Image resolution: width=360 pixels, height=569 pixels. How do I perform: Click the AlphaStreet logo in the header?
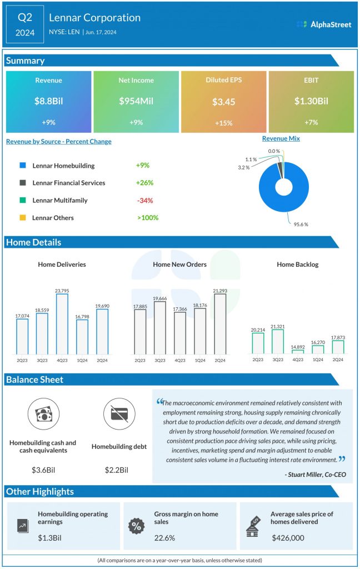(x=324, y=24)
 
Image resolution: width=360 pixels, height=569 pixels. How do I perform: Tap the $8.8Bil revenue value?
(x=48, y=101)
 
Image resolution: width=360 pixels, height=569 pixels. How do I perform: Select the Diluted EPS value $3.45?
(x=223, y=102)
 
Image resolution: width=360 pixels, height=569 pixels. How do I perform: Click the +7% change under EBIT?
(x=311, y=122)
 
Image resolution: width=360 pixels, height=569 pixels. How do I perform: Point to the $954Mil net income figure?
(x=136, y=101)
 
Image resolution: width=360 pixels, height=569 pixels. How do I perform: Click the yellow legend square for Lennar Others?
(x=22, y=218)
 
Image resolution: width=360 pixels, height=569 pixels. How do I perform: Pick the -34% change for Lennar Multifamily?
(x=145, y=200)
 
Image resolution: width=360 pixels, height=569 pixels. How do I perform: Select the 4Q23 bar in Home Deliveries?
(x=62, y=323)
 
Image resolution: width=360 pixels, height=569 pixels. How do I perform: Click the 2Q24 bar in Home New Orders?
(x=220, y=323)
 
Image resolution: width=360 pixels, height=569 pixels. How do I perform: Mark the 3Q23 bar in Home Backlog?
(x=277, y=341)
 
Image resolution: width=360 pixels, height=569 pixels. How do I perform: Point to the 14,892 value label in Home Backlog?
(x=298, y=345)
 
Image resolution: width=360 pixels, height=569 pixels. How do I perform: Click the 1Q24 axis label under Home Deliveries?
(x=82, y=360)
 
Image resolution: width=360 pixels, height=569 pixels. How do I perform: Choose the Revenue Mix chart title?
(x=281, y=138)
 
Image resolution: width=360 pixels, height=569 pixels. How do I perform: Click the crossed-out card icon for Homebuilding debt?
(x=119, y=415)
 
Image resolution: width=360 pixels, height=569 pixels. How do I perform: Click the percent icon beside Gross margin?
(x=136, y=526)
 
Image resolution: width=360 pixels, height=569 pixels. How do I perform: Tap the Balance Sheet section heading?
(x=34, y=380)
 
